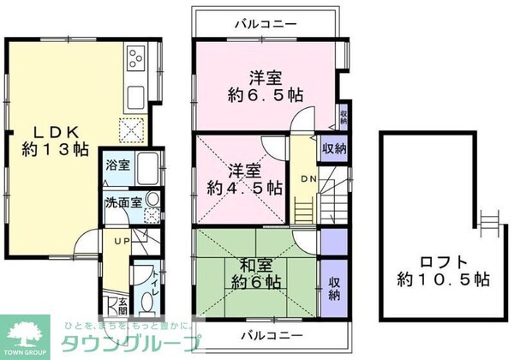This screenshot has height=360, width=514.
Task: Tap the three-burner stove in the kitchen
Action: coord(135,58)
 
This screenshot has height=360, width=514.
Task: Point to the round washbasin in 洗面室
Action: coord(152,198)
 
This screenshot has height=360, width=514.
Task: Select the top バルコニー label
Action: coord(266,23)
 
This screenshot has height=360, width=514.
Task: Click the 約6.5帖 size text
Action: coord(266,95)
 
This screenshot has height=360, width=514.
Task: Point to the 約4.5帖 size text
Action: coord(244,186)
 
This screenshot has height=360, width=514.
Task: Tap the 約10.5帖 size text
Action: coord(444,279)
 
